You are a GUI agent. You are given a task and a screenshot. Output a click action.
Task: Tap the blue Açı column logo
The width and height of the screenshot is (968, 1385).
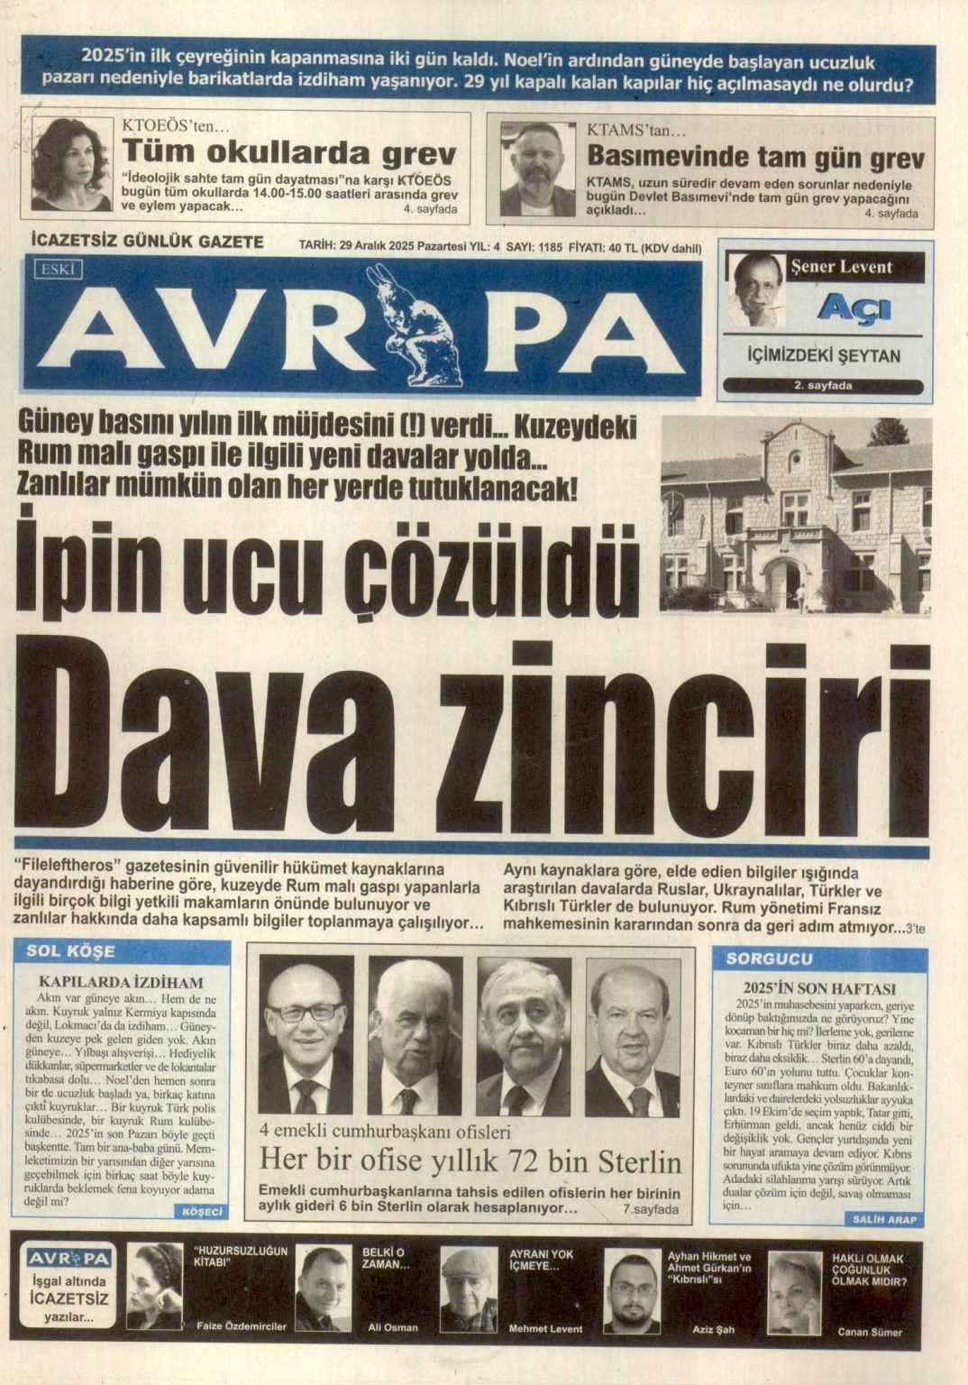coord(853,309)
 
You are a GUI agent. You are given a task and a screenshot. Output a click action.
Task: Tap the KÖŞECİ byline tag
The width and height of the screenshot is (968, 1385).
coord(202,1212)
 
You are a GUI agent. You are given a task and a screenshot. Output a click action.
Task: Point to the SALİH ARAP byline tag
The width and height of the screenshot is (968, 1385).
coord(883,1219)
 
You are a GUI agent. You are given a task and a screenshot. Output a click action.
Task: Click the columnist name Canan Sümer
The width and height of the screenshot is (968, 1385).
coord(869,1331)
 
